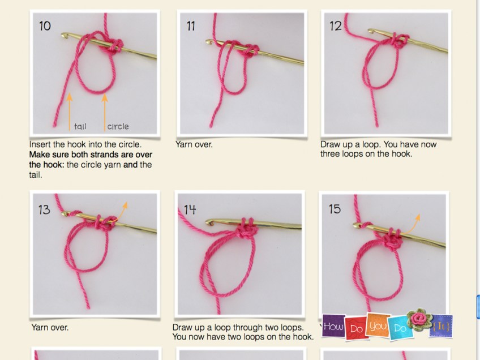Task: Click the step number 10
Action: (45, 26)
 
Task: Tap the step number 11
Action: (191, 26)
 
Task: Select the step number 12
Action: (336, 26)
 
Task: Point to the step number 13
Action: (44, 210)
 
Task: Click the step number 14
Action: (190, 209)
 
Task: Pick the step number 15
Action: (335, 209)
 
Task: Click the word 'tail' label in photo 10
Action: (80, 127)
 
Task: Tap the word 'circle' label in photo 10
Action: (118, 127)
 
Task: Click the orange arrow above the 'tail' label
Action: (70, 111)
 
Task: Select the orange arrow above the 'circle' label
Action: (104, 111)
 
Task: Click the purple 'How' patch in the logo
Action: (333, 327)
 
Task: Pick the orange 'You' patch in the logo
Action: (377, 325)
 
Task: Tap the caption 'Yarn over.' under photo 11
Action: (194, 144)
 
